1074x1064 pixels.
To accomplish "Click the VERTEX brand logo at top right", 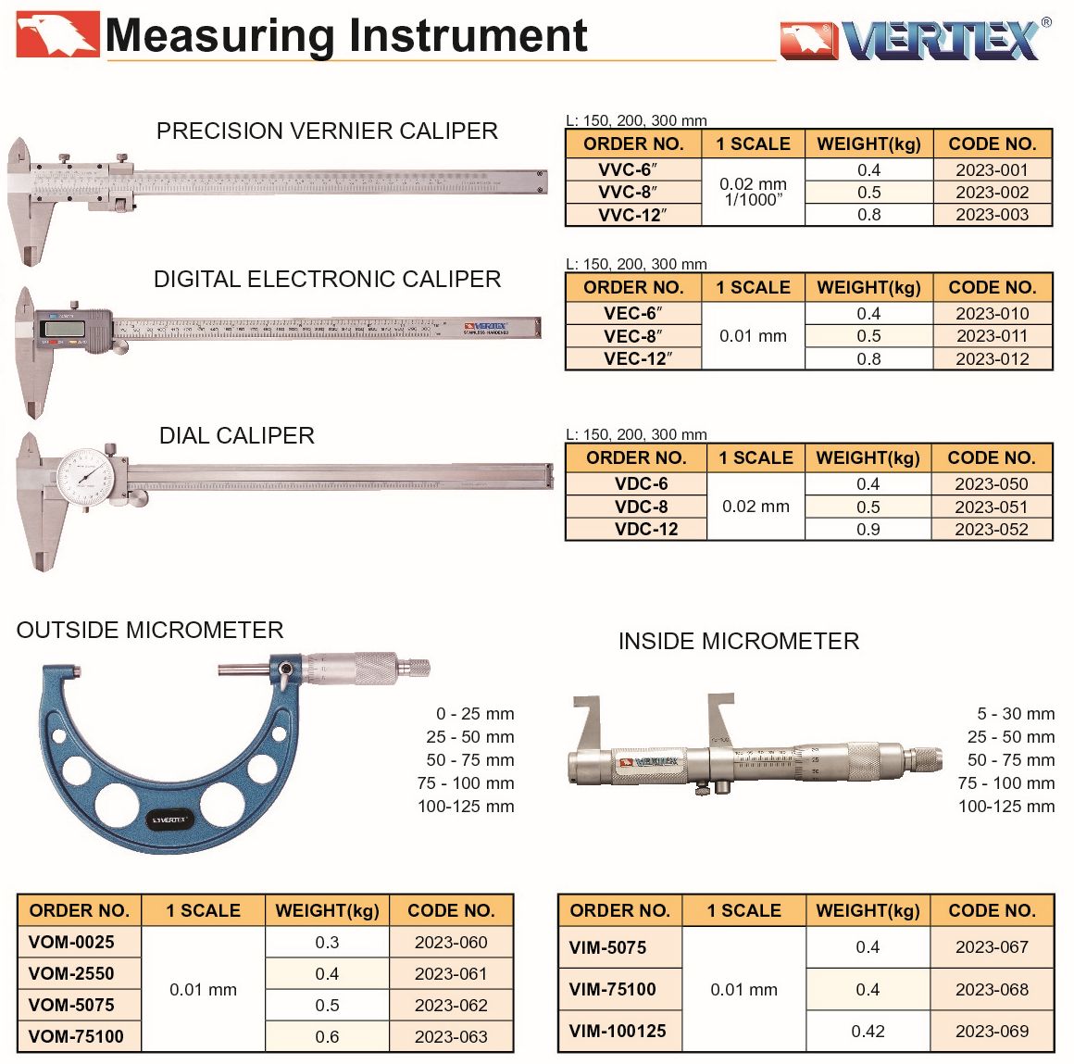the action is click(916, 39).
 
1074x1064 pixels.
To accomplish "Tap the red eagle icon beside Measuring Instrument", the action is click(57, 33).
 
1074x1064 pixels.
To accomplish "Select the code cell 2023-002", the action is click(992, 193).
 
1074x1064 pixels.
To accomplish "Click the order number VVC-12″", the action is click(633, 215).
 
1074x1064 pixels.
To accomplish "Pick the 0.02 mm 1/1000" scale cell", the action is click(753, 192).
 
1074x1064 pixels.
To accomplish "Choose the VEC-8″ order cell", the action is click(633, 336).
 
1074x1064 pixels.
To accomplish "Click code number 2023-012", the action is click(993, 359).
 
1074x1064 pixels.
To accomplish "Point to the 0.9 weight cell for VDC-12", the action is click(868, 529).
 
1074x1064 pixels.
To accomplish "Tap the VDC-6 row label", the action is click(641, 483).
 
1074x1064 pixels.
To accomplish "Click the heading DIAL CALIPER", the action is click(237, 436).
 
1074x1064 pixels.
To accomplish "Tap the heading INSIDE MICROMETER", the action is click(739, 642).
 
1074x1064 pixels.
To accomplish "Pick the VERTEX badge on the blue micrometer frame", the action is click(169, 820).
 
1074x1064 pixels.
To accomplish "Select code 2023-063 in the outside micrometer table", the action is click(451, 1036).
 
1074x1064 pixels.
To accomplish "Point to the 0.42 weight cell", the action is click(868, 1031).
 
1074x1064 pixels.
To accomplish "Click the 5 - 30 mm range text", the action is click(1016, 714).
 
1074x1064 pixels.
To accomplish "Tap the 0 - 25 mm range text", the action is click(475, 714).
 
